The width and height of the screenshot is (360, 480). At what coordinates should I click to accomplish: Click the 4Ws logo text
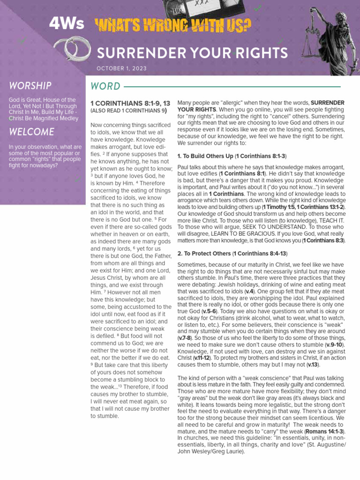(67, 24)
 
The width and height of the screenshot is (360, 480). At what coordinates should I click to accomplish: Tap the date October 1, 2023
(121, 68)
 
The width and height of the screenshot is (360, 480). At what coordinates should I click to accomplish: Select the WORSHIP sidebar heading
(30, 85)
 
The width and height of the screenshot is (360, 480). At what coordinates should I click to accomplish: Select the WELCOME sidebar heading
(31, 132)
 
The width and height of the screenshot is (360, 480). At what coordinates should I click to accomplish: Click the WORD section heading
(105, 86)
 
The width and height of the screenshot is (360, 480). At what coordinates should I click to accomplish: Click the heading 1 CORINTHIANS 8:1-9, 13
(129, 103)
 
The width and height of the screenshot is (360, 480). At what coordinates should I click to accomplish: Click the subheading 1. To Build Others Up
(232, 156)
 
